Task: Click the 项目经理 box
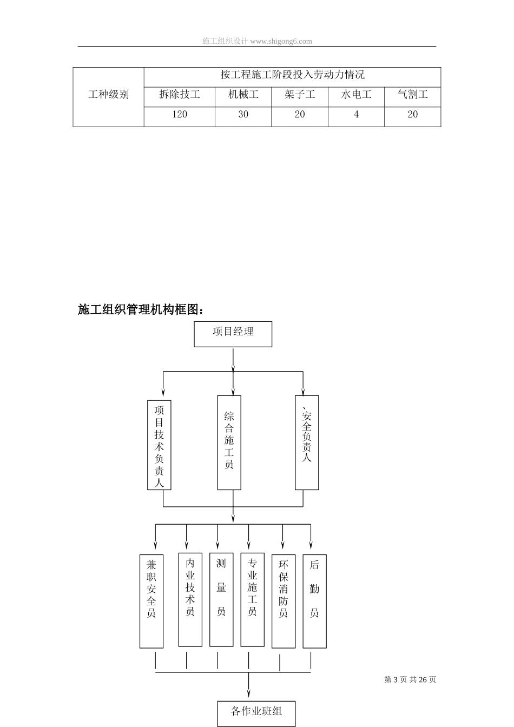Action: point(233,334)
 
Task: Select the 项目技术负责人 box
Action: point(159,445)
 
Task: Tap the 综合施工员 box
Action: point(229,442)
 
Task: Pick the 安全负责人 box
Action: point(307,442)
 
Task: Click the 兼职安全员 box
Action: point(151,600)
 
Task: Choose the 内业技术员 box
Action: point(190,599)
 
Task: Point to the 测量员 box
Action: point(221,599)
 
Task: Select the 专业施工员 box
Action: point(252,599)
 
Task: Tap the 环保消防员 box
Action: point(284,600)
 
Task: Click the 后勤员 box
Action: point(314,600)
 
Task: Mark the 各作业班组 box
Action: point(256,713)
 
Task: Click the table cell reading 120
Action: point(180,115)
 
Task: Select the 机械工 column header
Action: point(243,95)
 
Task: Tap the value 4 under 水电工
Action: point(356,115)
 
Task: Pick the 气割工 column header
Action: point(413,95)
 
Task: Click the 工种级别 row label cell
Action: point(109,95)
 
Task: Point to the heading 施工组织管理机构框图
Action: point(141,310)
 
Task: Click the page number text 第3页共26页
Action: point(410,680)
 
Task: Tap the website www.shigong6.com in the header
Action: point(281,41)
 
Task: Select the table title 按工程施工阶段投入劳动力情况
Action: point(292,75)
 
